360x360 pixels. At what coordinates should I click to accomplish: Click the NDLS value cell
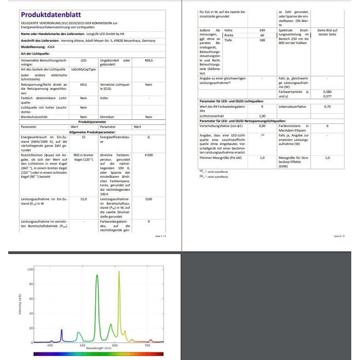pos(149,61)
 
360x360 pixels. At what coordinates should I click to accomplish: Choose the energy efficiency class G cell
pos(149,138)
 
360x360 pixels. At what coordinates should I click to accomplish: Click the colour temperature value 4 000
pos(149,155)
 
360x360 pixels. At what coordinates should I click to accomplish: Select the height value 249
pos(262,31)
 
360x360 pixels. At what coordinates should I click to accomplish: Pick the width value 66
pos(262,35)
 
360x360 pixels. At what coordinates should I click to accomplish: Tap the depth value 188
pos(262,40)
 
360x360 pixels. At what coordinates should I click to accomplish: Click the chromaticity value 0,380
pos(327,92)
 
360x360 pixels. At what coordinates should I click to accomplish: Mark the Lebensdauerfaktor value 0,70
pos(327,106)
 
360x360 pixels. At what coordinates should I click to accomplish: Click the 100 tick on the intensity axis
pos(30,269)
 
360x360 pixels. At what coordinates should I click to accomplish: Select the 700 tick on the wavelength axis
pos(148,346)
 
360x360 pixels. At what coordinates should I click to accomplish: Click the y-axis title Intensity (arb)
pos(20,305)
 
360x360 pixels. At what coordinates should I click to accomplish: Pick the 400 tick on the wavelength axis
pos(50,346)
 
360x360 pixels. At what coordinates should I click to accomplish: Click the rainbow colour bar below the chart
pos(98,354)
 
